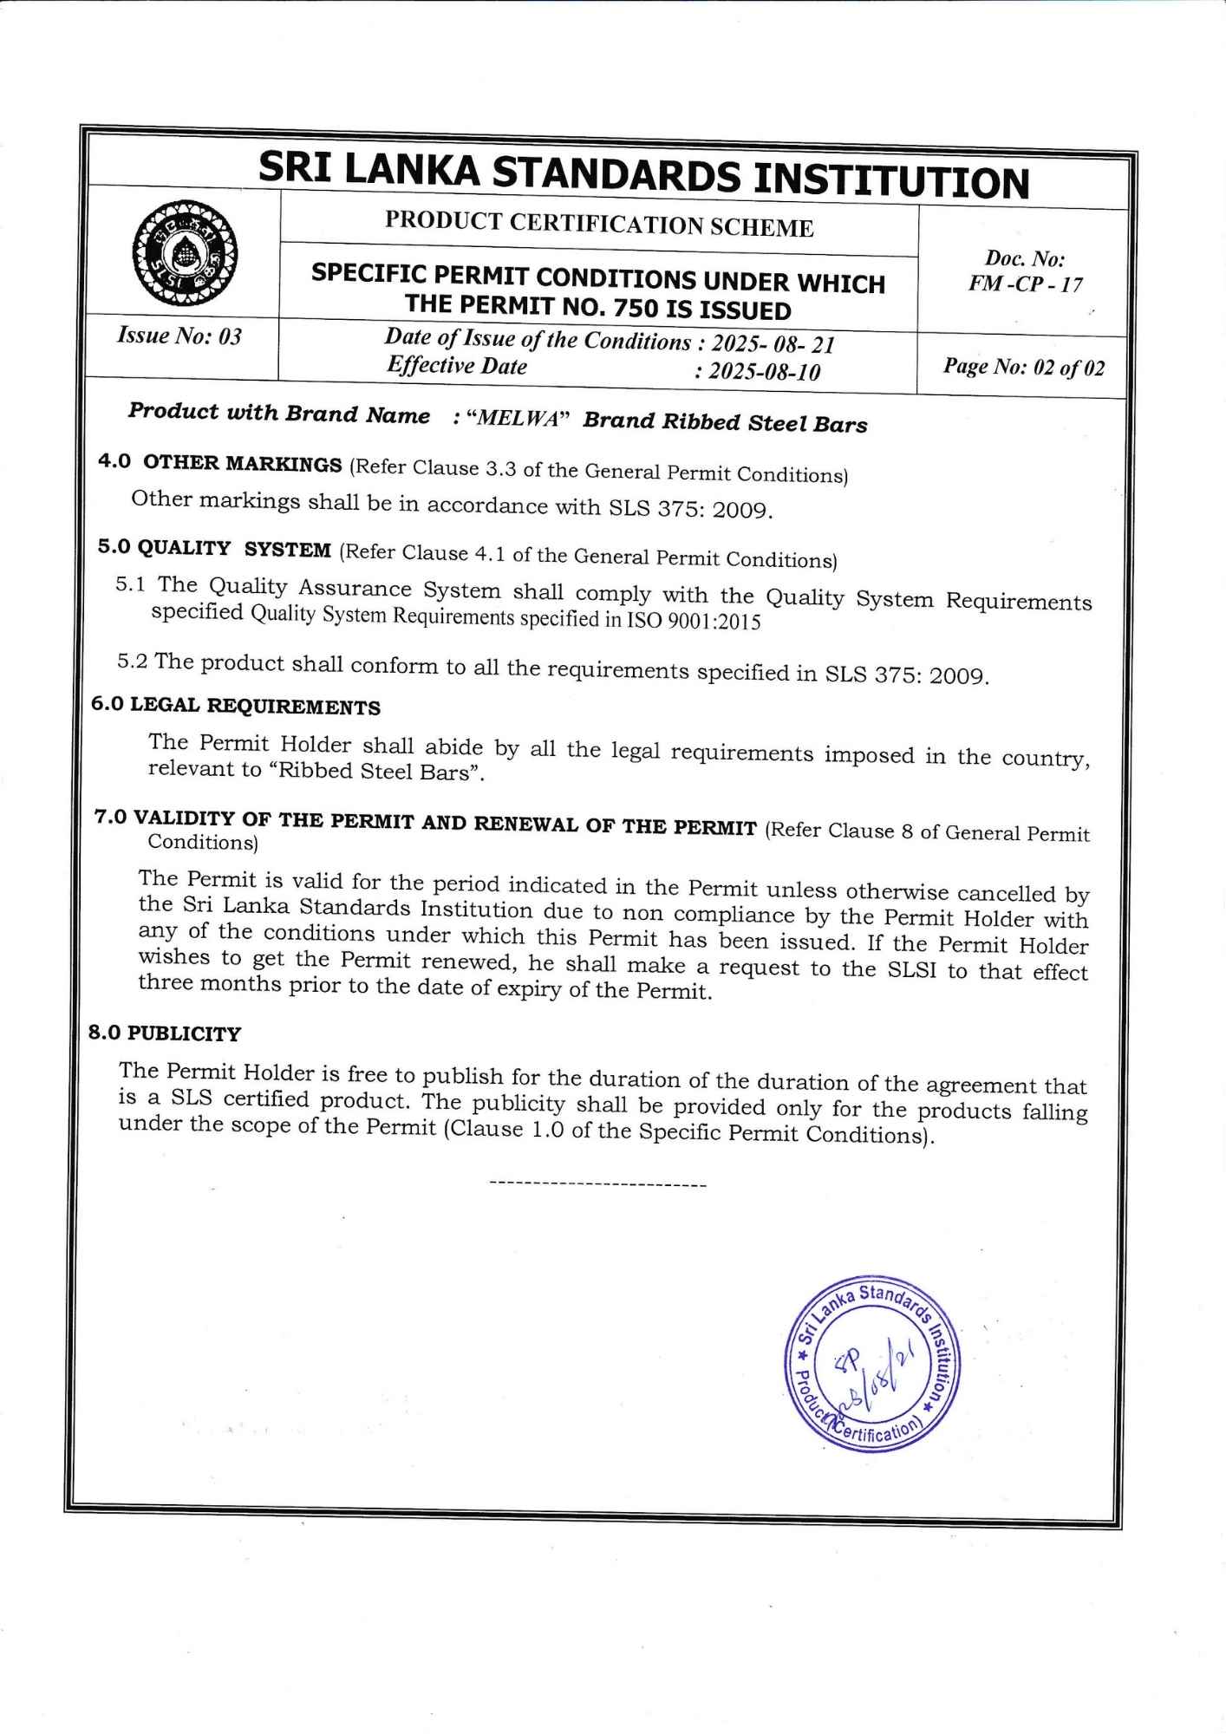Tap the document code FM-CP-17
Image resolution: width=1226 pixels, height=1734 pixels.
click(1025, 284)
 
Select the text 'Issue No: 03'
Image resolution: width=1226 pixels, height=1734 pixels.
click(179, 335)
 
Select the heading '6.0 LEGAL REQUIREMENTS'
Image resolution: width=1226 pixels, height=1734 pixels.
click(236, 706)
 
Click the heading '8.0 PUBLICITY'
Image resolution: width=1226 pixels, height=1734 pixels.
click(165, 1033)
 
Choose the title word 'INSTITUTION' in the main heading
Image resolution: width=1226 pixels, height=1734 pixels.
click(890, 179)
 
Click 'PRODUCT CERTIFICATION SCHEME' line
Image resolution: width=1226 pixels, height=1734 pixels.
click(599, 225)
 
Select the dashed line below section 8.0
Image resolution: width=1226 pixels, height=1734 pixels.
click(598, 1183)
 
